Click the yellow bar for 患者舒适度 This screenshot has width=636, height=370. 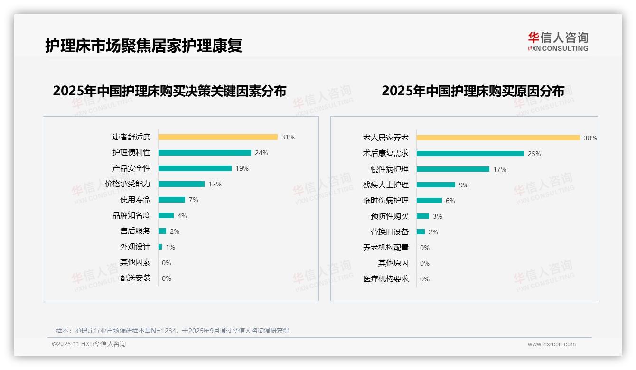click(218, 137)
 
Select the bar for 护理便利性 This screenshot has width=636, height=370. click(205, 153)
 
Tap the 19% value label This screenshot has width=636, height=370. click(242, 168)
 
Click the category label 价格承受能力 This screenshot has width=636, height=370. click(128, 184)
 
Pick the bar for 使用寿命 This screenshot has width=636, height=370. click(172, 200)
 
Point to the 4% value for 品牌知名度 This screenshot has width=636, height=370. click(182, 216)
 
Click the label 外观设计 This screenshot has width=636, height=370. click(135, 247)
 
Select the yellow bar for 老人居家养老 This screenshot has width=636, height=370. click(498, 138)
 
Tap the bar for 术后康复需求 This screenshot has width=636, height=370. click(470, 154)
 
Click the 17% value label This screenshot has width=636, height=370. click(500, 169)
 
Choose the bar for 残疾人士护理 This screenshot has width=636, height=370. click(436, 185)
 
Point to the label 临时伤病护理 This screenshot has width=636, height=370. click(386, 201)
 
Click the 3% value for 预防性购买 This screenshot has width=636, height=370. click(438, 216)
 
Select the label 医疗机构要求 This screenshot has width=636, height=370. click(386, 279)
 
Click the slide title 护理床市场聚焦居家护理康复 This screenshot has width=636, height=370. click(144, 46)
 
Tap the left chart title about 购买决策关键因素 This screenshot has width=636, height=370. click(169, 91)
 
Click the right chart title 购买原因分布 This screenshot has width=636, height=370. click(473, 91)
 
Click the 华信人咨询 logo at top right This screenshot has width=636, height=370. click(558, 42)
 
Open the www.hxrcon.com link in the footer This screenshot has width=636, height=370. click(552, 344)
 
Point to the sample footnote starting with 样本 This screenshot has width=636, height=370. click(172, 331)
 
